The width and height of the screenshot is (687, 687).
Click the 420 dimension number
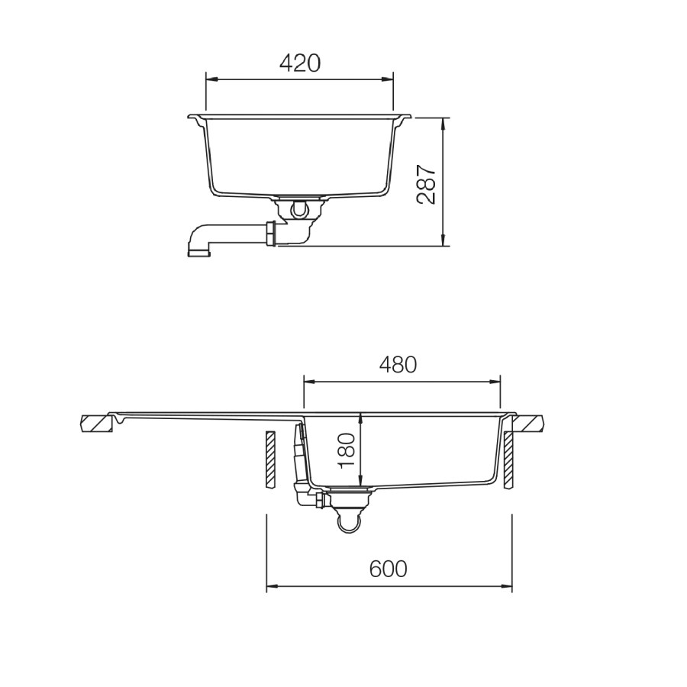pyautogui.click(x=299, y=63)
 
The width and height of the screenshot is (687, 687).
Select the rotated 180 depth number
pyautogui.click(x=347, y=450)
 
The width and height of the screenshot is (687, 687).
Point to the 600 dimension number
pyautogui.click(x=388, y=569)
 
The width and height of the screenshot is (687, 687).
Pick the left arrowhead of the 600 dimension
pyautogui.click(x=270, y=587)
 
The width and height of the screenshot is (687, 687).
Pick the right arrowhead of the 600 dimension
pyautogui.click(x=508, y=587)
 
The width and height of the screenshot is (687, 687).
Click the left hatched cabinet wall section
pyautogui.click(x=269, y=459)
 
